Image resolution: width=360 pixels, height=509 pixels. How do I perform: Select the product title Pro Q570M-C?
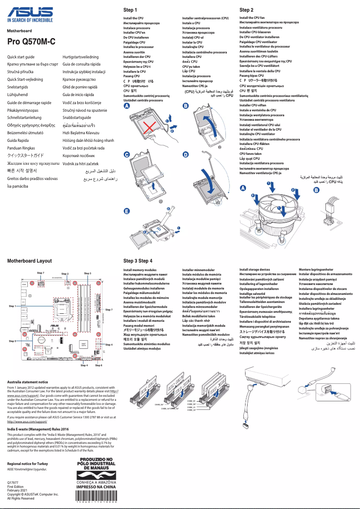31,42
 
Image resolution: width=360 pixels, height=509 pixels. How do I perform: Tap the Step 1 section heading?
130,10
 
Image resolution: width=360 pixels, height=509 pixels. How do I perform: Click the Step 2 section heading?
246,10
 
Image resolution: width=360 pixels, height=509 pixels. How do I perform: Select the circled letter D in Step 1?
185,154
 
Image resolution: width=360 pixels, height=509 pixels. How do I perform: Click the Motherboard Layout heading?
30,261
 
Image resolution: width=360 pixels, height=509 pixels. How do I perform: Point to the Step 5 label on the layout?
12,341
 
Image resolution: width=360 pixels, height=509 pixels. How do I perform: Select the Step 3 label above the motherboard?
88,273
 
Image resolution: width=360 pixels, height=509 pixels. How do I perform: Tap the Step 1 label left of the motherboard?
12,306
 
